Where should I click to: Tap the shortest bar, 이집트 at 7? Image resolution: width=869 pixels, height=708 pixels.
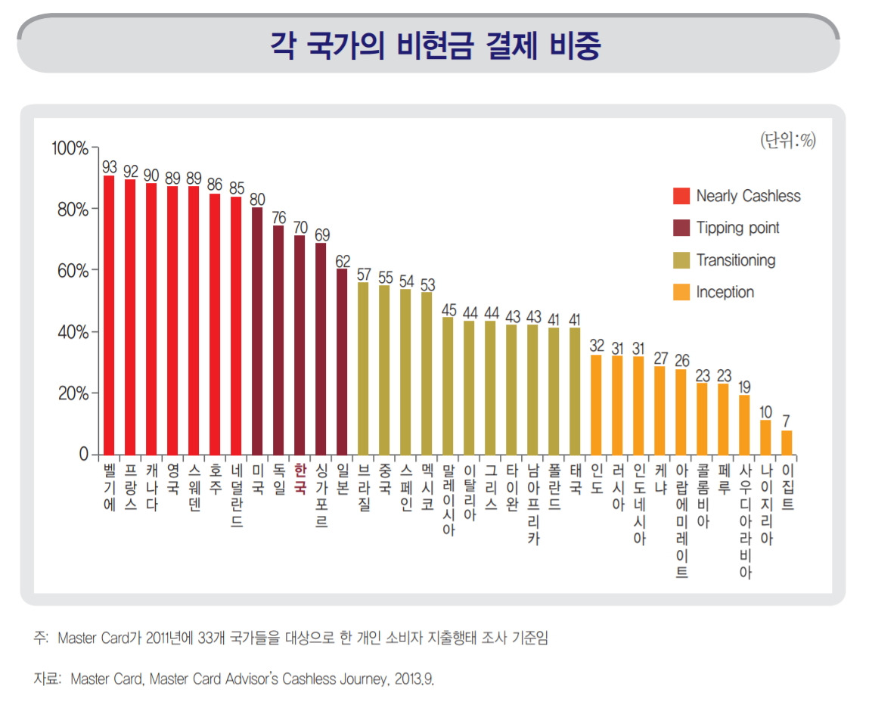tap(787, 442)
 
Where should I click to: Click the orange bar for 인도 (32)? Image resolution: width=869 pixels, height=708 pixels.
tap(596, 405)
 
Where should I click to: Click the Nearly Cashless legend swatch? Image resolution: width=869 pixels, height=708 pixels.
tap(681, 197)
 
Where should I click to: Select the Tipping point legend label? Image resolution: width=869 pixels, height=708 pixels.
tap(737, 228)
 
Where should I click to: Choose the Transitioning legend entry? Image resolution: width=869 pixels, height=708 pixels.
tap(735, 260)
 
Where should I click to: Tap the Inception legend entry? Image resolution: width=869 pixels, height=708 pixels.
tap(725, 292)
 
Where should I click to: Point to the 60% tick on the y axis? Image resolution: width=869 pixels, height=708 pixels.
tap(73, 271)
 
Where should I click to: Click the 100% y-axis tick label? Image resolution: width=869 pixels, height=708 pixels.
tap(70, 147)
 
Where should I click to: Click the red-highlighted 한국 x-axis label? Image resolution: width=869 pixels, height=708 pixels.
tap(299, 479)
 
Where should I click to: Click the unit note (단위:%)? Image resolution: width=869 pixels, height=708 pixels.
tap(787, 141)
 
